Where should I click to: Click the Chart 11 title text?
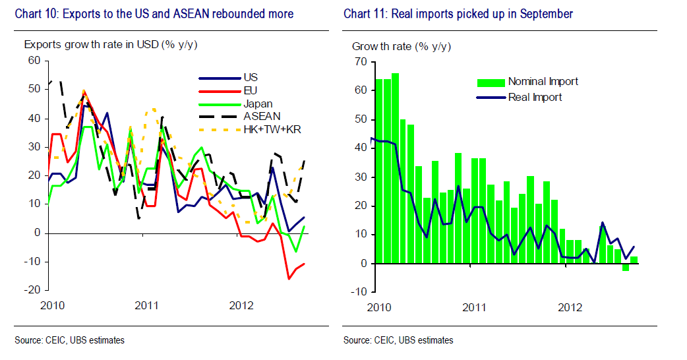(x=458, y=14)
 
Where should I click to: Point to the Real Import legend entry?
(x=535, y=97)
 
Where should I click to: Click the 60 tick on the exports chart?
(x=34, y=61)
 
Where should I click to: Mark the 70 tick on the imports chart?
(x=359, y=61)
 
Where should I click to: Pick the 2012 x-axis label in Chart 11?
(x=570, y=307)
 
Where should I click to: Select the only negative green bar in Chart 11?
(x=626, y=267)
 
